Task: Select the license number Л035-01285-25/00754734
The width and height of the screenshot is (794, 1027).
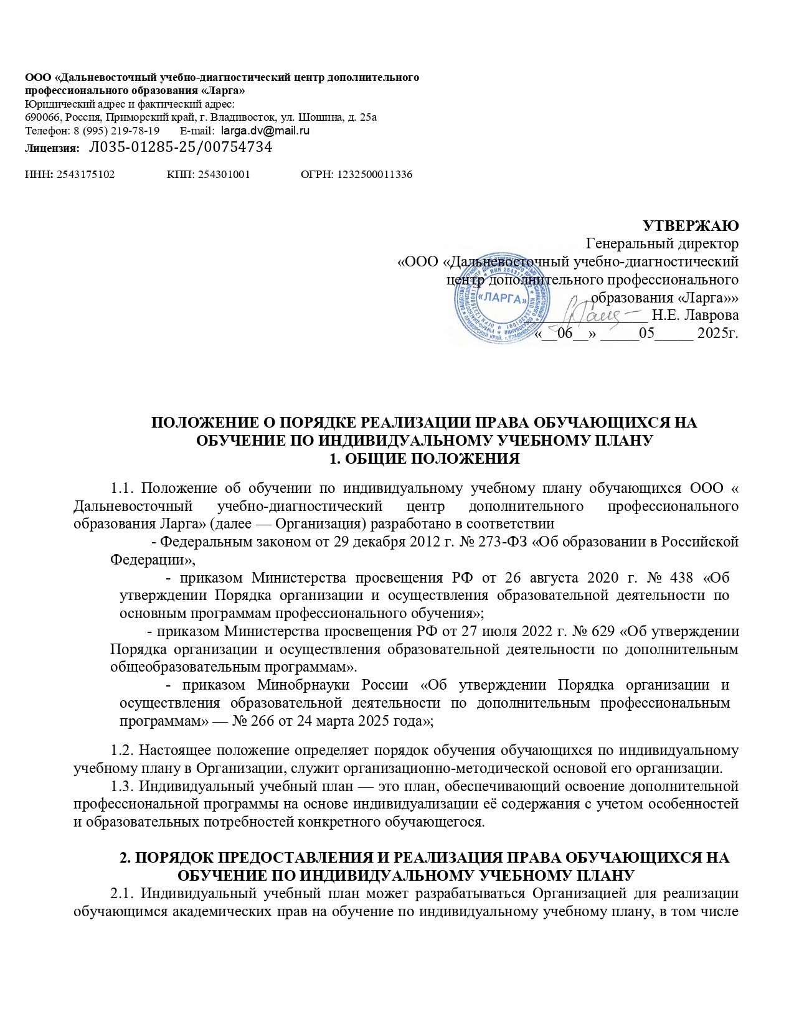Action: pos(181,148)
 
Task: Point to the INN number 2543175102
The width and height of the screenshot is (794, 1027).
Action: pos(85,175)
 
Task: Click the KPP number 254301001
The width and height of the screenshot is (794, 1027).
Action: pos(224,175)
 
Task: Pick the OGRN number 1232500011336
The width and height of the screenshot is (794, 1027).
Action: pos(374,175)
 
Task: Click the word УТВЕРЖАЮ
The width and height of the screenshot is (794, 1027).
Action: pos(690,225)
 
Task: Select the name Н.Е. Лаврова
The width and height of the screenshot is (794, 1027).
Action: pos(695,314)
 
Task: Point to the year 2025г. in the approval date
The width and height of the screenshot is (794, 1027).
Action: pos(717,333)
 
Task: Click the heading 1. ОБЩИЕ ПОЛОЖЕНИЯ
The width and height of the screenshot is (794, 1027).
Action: pos(424,459)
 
